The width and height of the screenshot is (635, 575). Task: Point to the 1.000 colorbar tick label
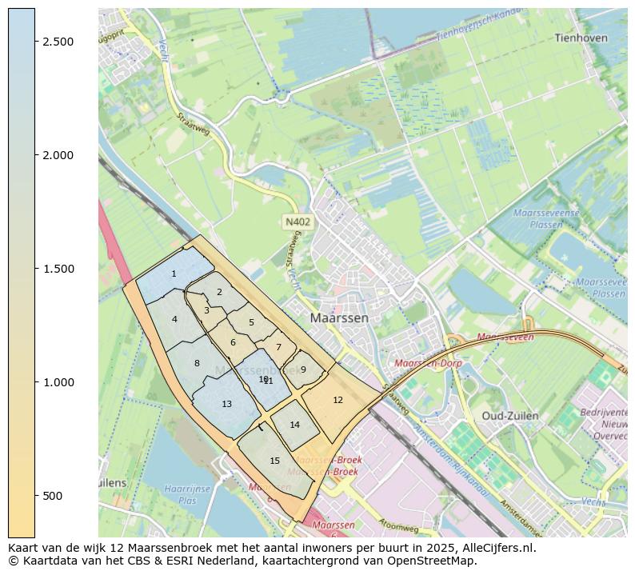[58, 382]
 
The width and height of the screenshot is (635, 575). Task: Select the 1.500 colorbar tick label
[58, 269]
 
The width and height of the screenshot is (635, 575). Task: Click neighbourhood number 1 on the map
[174, 274]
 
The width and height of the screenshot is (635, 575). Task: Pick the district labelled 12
[337, 400]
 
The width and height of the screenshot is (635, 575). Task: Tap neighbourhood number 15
[274, 461]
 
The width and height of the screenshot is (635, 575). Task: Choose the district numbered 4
[174, 320]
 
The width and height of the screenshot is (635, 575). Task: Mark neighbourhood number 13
[226, 405]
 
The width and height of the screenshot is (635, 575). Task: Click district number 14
[294, 425]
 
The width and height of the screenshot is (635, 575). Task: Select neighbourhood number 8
[197, 364]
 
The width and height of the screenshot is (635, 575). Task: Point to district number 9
[303, 369]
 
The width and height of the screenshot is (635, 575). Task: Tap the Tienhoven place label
[581, 38]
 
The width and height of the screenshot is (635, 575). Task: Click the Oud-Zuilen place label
[509, 416]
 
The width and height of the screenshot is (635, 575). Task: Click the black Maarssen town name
[340, 317]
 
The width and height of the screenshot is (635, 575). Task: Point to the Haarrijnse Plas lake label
[181, 494]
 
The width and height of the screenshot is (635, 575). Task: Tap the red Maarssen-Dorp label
[428, 363]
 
